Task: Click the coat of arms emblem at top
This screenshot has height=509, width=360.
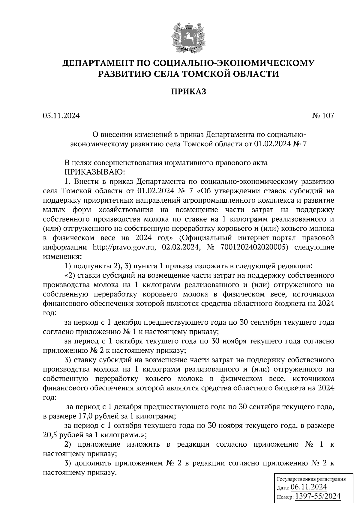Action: [188, 36]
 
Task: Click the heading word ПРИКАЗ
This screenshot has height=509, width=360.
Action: [188, 92]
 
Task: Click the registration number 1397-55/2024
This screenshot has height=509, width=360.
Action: [318, 496]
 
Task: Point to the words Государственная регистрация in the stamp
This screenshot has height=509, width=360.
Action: [311, 479]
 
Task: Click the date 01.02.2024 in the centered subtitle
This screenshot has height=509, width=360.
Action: [273, 144]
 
